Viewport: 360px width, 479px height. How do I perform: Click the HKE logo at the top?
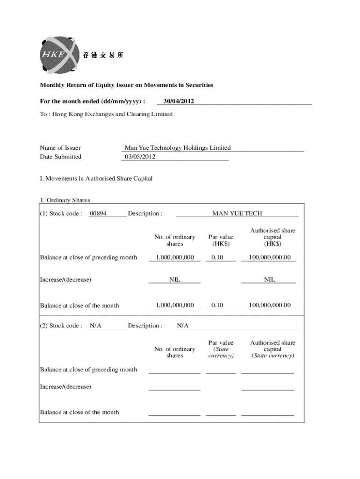[57, 54]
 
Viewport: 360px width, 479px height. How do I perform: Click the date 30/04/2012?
[176, 101]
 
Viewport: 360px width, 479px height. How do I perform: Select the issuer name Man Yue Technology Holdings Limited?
[177, 148]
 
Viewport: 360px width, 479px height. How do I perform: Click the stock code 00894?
[98, 214]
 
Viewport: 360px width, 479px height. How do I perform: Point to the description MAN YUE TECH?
[237, 214]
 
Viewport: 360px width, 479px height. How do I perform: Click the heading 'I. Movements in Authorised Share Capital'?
[96, 179]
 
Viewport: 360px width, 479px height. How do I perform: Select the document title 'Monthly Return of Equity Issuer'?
[126, 85]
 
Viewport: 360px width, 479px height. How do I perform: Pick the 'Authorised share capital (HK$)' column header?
[273, 237]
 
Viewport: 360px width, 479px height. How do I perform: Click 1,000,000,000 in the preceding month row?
[174, 257]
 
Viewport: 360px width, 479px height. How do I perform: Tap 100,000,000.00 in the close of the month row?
[269, 305]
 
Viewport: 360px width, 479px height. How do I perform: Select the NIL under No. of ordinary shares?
[174, 280]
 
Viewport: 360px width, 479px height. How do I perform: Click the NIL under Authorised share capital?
[269, 280]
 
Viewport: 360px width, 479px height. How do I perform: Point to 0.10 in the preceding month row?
[217, 257]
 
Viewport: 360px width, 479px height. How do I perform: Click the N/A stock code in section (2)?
[96, 326]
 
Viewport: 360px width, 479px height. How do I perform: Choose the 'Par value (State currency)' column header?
[221, 349]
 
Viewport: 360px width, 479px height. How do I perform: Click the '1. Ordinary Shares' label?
[65, 201]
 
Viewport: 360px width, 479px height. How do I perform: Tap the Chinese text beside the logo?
[103, 55]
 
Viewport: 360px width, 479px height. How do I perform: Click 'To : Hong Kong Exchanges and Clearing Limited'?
[106, 114]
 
